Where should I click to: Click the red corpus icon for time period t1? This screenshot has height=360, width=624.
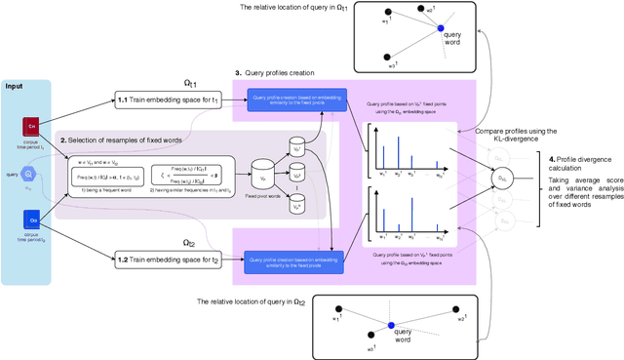(x=30, y=126)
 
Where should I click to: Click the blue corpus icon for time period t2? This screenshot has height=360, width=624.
(x=30, y=221)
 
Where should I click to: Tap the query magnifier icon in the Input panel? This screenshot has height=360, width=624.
(x=30, y=175)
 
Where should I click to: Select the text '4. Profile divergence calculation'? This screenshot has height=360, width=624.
(x=580, y=163)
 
